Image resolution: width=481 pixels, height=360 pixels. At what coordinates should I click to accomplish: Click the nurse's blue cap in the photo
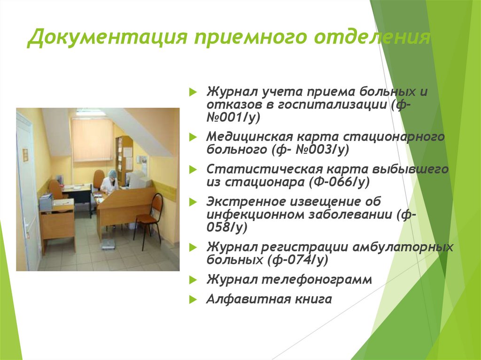(x=112, y=173)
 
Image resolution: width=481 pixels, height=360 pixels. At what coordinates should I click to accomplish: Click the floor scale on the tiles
(x=109, y=243)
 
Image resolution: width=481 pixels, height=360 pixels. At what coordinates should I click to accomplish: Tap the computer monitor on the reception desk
(x=136, y=179)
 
